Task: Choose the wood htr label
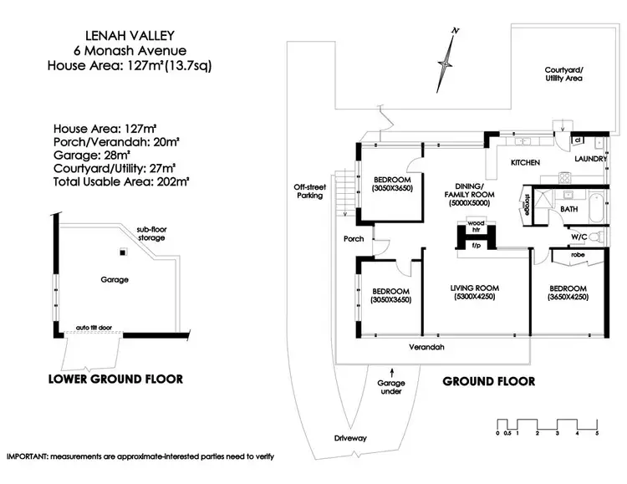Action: click(x=476, y=226)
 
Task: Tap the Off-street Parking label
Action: click(x=308, y=191)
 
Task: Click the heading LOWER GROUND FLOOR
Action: click(x=115, y=379)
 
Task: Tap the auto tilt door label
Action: click(x=94, y=328)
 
